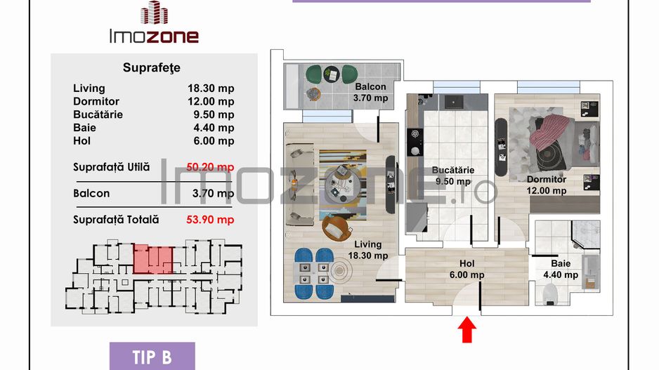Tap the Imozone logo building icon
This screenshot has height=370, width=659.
(x=154, y=14)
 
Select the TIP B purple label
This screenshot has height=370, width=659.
(x=152, y=356)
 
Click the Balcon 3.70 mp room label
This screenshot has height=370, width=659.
(x=370, y=93)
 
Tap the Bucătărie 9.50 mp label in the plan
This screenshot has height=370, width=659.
(x=453, y=176)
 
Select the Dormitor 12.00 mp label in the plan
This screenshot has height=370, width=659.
(x=547, y=185)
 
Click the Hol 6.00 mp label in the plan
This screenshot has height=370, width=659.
(x=466, y=270)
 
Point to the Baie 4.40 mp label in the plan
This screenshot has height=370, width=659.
(x=561, y=269)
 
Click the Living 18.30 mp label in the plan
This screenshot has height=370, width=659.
(x=368, y=250)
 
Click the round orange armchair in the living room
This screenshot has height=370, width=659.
(x=337, y=227)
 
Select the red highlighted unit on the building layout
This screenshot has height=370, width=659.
(x=153, y=259)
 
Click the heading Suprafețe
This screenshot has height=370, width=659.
(x=152, y=68)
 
